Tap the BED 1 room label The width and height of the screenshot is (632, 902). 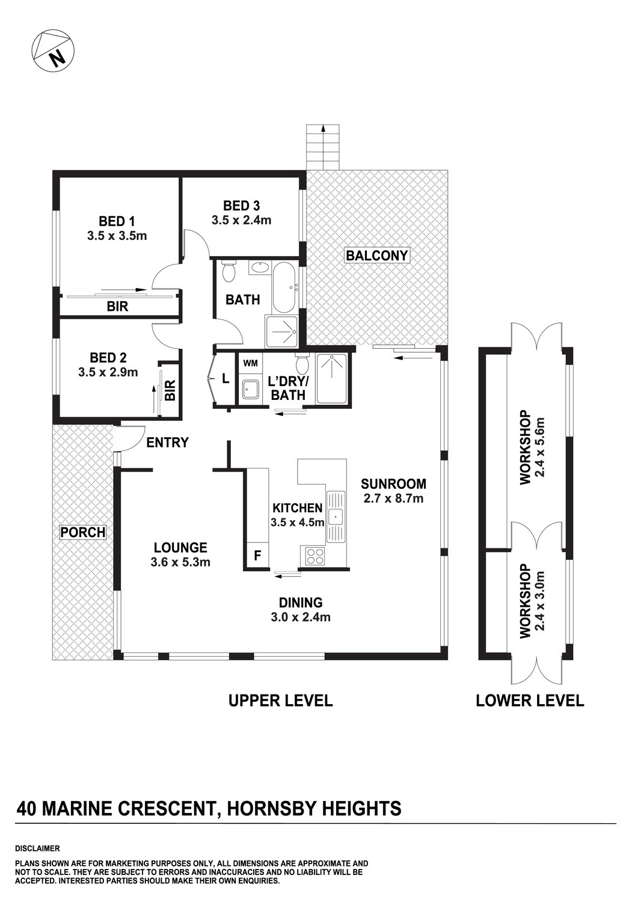pos(117,221)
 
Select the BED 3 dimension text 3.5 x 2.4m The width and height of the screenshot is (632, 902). pos(241,220)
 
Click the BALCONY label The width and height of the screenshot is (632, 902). pos(377,255)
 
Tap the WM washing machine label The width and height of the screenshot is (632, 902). pos(251,363)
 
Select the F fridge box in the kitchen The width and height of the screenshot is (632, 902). pos(257,556)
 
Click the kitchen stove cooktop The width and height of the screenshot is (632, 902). pos(315,556)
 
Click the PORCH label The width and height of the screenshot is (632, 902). pos(83,532)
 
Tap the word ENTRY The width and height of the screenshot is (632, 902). pos(168,443)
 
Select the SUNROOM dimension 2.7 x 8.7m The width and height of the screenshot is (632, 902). pos(393,498)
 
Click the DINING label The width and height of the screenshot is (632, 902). pos(301,603)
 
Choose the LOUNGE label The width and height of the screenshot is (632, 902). pos(180,548)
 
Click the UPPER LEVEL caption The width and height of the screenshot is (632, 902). pos(280,701)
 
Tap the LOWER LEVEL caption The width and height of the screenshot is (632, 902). pos(530,701)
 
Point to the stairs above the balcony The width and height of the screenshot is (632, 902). pos(323,147)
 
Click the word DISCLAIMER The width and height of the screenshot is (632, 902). pos(38,849)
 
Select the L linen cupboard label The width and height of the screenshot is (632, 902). pos(225,379)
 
